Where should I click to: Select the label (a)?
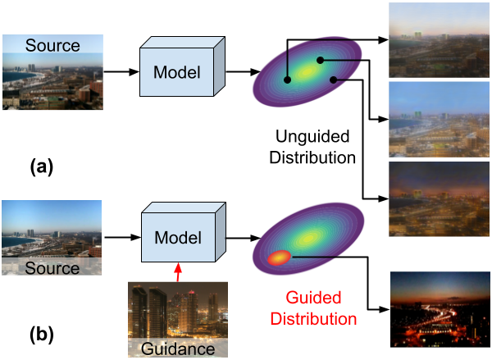43,167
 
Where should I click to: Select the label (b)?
43,333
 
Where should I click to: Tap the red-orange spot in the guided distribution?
279,258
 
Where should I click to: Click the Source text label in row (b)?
53,268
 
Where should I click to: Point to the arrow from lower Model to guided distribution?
239,239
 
